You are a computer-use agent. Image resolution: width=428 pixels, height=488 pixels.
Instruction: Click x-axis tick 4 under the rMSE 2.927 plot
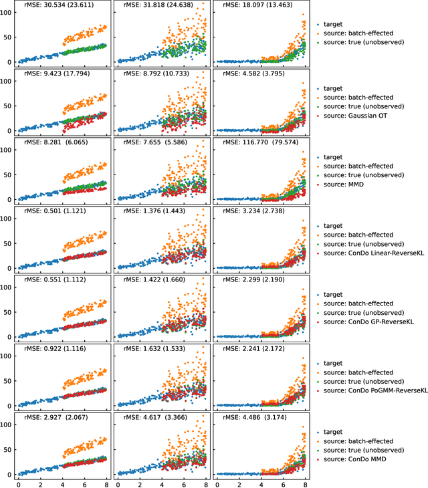(x=63, y=483)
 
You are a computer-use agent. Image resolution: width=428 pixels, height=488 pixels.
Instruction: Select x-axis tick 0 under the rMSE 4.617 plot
(x=119, y=483)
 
